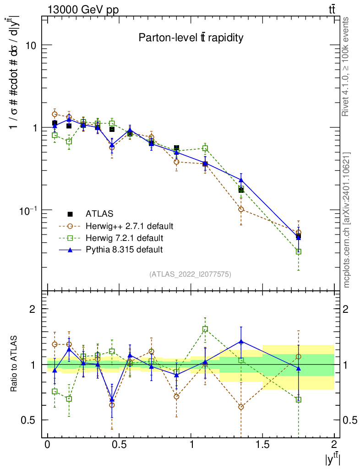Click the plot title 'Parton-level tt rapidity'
[191, 38]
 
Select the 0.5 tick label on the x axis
[119, 445]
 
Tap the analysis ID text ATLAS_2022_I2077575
[191, 274]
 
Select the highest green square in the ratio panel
[205, 329]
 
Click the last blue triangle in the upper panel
[299, 237]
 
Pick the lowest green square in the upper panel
[299, 251]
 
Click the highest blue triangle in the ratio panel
[241, 341]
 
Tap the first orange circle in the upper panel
[55, 114]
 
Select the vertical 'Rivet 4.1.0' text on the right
[346, 66]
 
